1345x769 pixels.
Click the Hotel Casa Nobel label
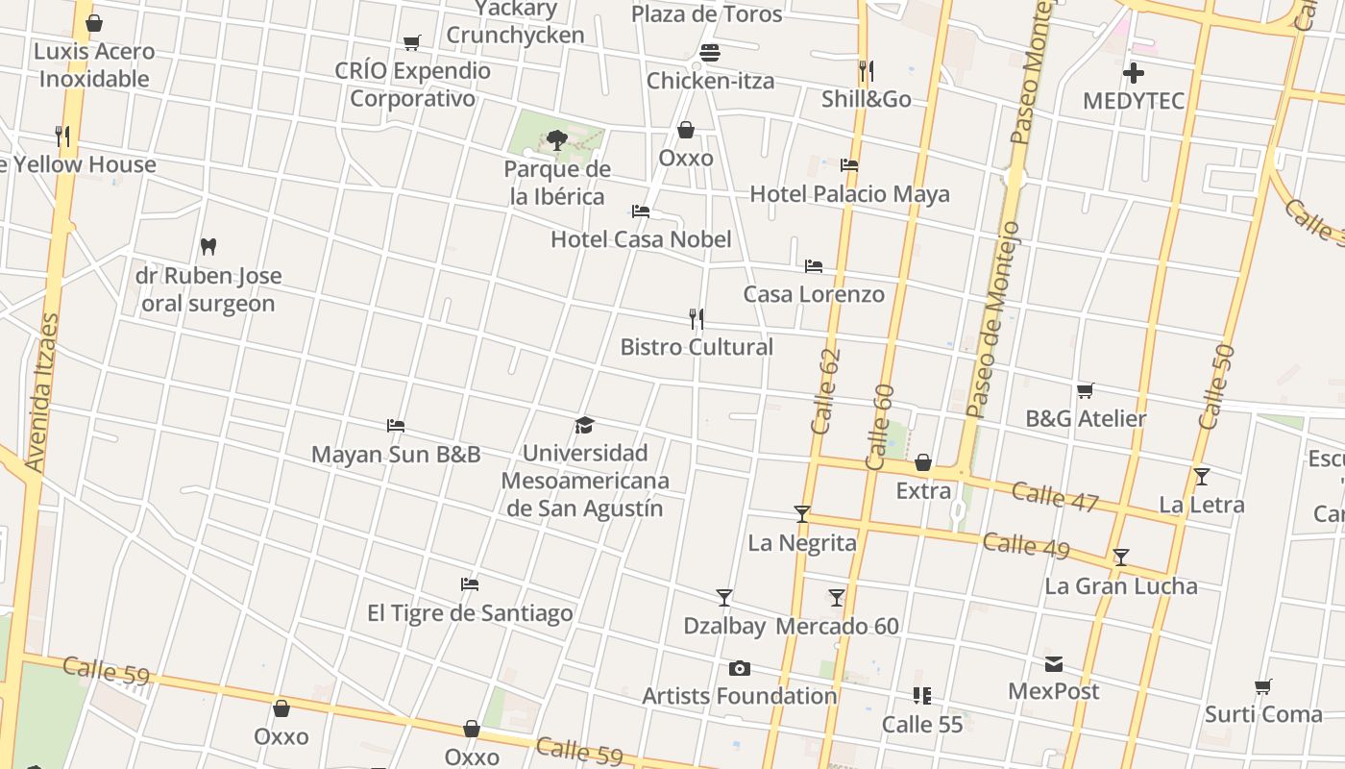click(641, 239)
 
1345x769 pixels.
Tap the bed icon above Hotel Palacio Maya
click(849, 165)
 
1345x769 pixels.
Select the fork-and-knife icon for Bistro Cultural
click(697, 318)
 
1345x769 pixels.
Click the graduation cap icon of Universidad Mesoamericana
click(584, 425)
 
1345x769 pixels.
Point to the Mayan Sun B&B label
click(396, 455)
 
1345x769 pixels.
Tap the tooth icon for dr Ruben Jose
click(208, 247)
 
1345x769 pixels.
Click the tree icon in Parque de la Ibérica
click(556, 140)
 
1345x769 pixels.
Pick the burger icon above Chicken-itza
click(710, 53)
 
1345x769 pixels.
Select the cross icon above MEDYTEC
click(1134, 73)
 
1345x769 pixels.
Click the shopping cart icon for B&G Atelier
click(1086, 390)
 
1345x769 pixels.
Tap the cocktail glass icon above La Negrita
click(802, 514)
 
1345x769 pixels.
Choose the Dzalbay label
click(724, 627)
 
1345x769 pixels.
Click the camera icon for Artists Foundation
click(739, 668)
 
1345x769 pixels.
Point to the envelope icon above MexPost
click(1054, 663)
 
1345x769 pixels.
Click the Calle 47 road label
click(1055, 496)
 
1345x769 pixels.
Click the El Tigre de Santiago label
click(470, 613)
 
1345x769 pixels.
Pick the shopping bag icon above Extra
click(923, 463)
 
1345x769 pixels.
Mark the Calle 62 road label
click(826, 391)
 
